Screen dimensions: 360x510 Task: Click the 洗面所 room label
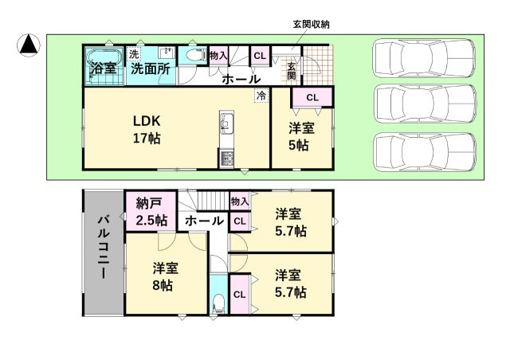point(150,68)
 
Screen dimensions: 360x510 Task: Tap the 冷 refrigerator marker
point(261,96)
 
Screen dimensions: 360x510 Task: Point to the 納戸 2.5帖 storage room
point(151,211)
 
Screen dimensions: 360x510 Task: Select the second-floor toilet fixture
point(218,303)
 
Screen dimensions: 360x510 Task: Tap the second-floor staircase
point(203,202)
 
